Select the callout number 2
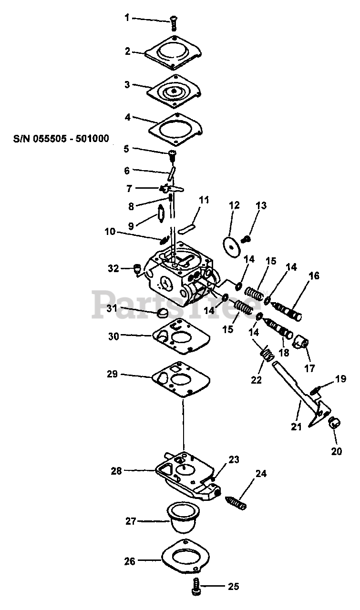128,51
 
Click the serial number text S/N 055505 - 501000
61,139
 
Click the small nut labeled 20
334,422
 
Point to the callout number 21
296,427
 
